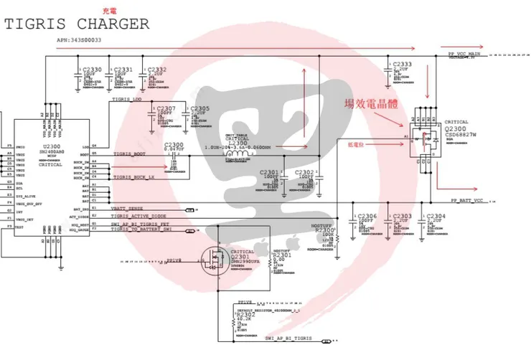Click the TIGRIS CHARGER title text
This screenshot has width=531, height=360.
point(77,24)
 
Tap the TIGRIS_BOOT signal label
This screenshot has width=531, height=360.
point(129,153)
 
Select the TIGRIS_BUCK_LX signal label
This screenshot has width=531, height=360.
point(133,176)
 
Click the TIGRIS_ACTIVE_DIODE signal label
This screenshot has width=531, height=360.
point(138,215)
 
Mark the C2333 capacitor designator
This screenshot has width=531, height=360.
point(402,65)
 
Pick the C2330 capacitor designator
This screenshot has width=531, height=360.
point(93,69)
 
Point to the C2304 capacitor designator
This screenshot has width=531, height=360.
point(436,216)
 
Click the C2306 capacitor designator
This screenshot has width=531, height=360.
point(366,216)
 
